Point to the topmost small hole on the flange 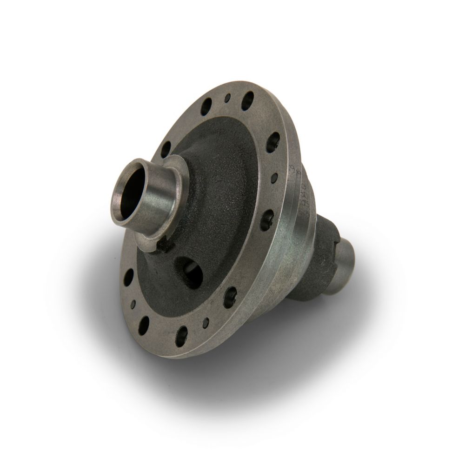point(227,98)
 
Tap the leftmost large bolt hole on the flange point(129,278)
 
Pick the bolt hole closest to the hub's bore point(166,150)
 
